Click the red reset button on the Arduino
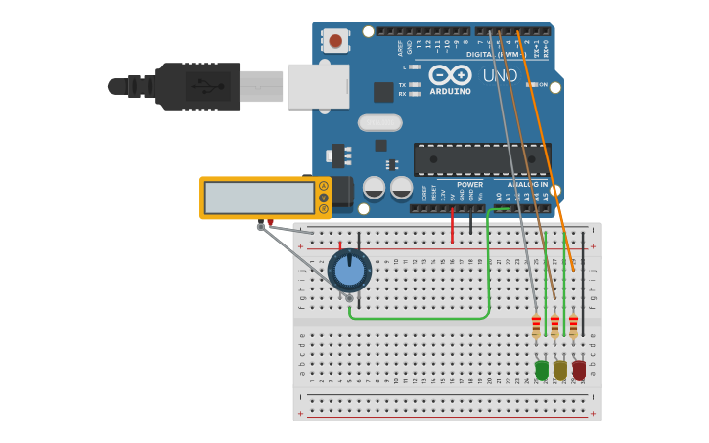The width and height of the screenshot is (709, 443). [x=336, y=40]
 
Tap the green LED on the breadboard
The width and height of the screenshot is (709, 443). [x=542, y=370]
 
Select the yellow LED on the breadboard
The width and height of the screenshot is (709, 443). [x=560, y=370]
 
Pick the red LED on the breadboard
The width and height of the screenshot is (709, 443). [x=579, y=370]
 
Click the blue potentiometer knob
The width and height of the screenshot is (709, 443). [x=349, y=270]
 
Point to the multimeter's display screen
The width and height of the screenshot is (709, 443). [x=259, y=198]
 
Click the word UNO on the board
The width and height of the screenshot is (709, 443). [x=501, y=75]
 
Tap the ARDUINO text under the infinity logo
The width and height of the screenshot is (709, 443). [x=450, y=91]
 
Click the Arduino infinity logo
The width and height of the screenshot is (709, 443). [x=450, y=74]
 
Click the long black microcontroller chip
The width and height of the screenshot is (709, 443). [x=481, y=159]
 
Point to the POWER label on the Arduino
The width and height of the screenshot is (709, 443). [x=469, y=184]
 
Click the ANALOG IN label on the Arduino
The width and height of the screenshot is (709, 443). [x=527, y=184]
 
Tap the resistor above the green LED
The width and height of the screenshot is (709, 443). [x=536, y=326]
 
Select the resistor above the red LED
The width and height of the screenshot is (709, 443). [x=573, y=326]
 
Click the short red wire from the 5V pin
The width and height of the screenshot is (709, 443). [x=452, y=227]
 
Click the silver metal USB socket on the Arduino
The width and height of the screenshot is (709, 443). [x=318, y=86]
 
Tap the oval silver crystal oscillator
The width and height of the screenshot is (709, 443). [x=379, y=122]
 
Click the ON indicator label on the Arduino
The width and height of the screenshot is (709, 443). [x=542, y=85]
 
